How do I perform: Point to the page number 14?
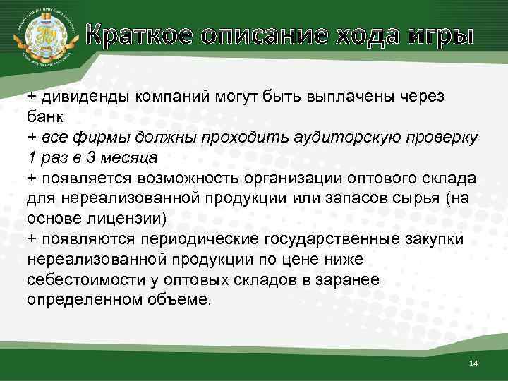tap(473, 363)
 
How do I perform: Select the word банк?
tap(45, 116)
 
